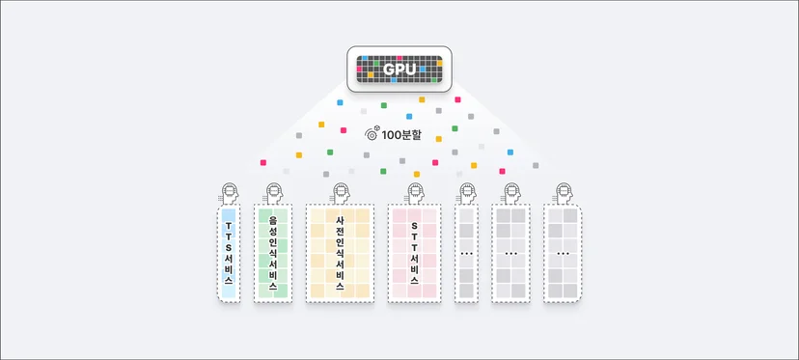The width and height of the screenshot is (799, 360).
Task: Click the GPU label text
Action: [x=399, y=69]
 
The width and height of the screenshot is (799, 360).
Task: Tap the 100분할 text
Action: [x=401, y=136]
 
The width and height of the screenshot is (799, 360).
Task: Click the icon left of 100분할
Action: [x=372, y=133]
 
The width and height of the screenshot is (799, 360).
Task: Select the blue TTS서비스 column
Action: [x=229, y=254]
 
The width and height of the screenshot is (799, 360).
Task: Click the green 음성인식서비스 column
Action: [x=273, y=254]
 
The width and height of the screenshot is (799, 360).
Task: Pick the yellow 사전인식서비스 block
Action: [x=340, y=254]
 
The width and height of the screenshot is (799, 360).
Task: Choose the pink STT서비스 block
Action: [x=414, y=254]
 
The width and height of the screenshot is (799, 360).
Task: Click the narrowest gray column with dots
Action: [x=466, y=254]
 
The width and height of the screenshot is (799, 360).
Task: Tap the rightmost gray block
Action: [x=563, y=254]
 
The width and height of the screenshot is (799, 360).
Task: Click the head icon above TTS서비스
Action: [x=230, y=193]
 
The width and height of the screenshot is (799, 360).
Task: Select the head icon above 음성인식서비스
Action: [x=274, y=193]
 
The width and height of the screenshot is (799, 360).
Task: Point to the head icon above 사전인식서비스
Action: [x=341, y=193]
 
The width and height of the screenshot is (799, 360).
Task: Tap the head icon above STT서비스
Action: [x=416, y=193]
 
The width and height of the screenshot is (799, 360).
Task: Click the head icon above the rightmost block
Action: [x=564, y=193]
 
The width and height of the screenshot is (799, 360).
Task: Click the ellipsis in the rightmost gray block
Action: [x=563, y=254]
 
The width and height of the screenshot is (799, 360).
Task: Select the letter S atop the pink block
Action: [x=414, y=225]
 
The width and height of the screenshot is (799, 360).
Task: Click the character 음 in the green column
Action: [x=273, y=220]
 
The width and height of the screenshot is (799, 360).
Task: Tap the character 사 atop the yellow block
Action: [x=340, y=221]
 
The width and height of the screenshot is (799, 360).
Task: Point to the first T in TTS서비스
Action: [x=229, y=225]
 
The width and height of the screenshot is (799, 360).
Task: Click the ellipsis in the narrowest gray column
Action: [x=466, y=254]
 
